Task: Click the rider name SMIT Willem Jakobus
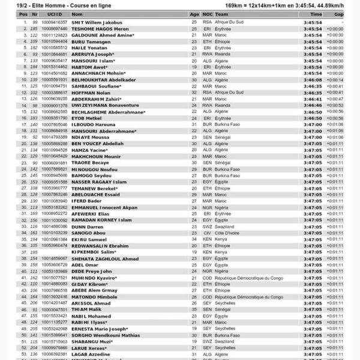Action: click(x=96, y=22)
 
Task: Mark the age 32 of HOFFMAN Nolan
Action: click(x=194, y=93)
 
